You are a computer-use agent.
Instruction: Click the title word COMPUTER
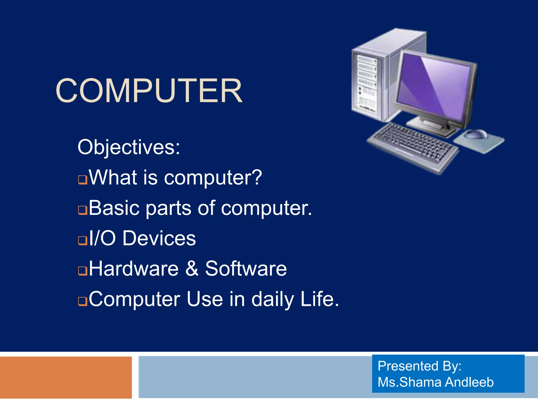click(x=149, y=91)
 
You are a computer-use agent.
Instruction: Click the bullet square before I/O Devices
click(x=83, y=240)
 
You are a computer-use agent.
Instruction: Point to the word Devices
click(x=159, y=238)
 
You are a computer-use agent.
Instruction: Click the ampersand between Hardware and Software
click(x=192, y=269)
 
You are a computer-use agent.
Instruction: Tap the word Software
click(x=246, y=269)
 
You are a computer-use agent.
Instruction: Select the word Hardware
click(x=134, y=269)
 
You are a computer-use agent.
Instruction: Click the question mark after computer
click(x=256, y=177)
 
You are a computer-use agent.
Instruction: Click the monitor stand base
click(x=431, y=126)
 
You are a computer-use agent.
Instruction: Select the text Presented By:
click(x=419, y=366)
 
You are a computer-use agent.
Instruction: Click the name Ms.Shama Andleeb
click(x=435, y=382)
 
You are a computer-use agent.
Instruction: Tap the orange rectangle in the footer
click(x=66, y=377)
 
